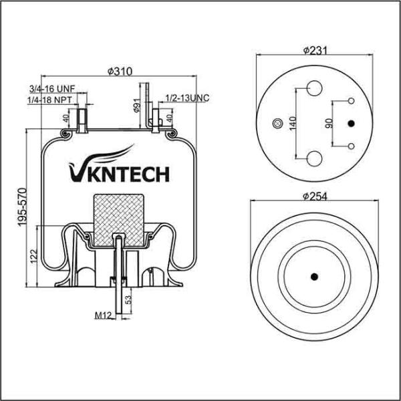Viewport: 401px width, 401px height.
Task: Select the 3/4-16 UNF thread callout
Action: point(51,88)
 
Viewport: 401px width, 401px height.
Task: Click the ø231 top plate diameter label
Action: point(313,51)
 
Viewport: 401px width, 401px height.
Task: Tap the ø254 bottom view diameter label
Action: point(313,196)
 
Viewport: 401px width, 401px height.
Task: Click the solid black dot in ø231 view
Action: point(351,124)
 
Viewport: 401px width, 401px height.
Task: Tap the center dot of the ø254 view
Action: point(313,277)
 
